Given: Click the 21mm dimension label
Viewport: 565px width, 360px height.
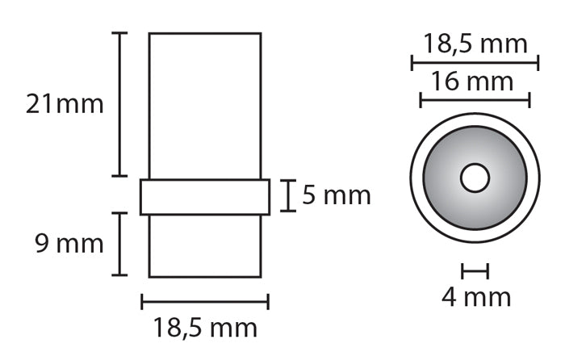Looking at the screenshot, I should [x=65, y=104].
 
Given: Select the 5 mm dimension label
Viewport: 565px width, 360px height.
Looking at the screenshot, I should [x=337, y=195].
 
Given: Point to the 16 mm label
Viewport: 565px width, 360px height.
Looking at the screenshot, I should [x=473, y=82].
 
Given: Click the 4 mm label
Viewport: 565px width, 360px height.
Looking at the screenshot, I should [x=476, y=297].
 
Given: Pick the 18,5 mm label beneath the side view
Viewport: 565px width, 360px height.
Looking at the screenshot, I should [x=205, y=328].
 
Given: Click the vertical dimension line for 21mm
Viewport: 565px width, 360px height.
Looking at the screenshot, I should [x=120, y=104].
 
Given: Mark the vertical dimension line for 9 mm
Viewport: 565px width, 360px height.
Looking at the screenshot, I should [x=120, y=244].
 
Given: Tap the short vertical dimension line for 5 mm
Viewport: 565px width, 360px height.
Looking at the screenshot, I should [x=288, y=195].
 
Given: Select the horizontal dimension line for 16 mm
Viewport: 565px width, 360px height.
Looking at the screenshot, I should [x=475, y=100].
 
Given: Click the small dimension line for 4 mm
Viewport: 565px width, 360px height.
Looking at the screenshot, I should [x=475, y=271].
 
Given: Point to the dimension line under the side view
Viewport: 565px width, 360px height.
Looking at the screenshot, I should [x=205, y=302].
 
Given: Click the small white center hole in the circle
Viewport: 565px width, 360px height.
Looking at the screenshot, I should [x=475, y=178].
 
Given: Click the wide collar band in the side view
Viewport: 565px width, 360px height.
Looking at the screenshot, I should [x=205, y=197].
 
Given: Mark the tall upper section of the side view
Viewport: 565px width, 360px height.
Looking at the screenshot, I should [x=205, y=105].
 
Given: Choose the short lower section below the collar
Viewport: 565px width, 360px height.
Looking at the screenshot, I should [x=205, y=245].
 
